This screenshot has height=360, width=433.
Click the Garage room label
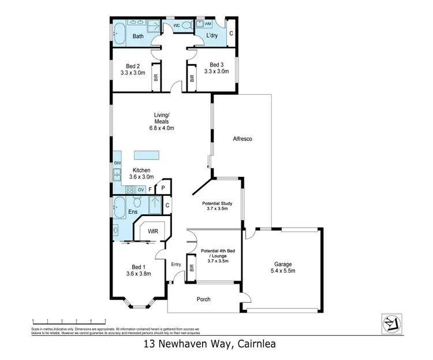coord(282,266)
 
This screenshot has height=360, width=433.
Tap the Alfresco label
coord(242,139)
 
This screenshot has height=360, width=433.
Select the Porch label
coord(203,299)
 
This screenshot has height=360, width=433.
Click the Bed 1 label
coord(138,267)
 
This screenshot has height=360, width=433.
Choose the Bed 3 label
coord(216,65)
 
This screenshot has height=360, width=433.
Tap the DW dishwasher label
coord(117,164)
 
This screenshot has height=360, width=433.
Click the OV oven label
coord(140,190)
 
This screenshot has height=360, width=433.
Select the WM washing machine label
coord(208,24)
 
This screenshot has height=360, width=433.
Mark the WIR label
coord(152,231)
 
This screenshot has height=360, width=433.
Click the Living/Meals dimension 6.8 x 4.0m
coord(163,128)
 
